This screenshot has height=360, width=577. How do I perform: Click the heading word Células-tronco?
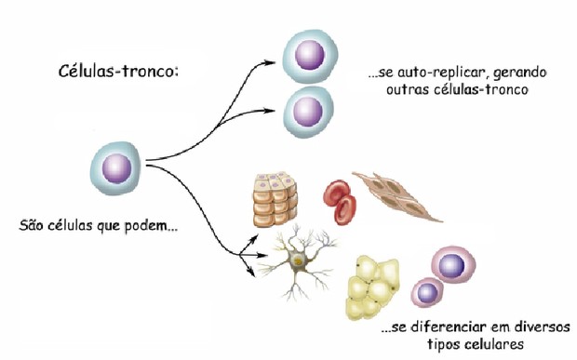(x=118, y=71)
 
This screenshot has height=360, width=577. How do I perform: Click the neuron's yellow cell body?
(x=297, y=263)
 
